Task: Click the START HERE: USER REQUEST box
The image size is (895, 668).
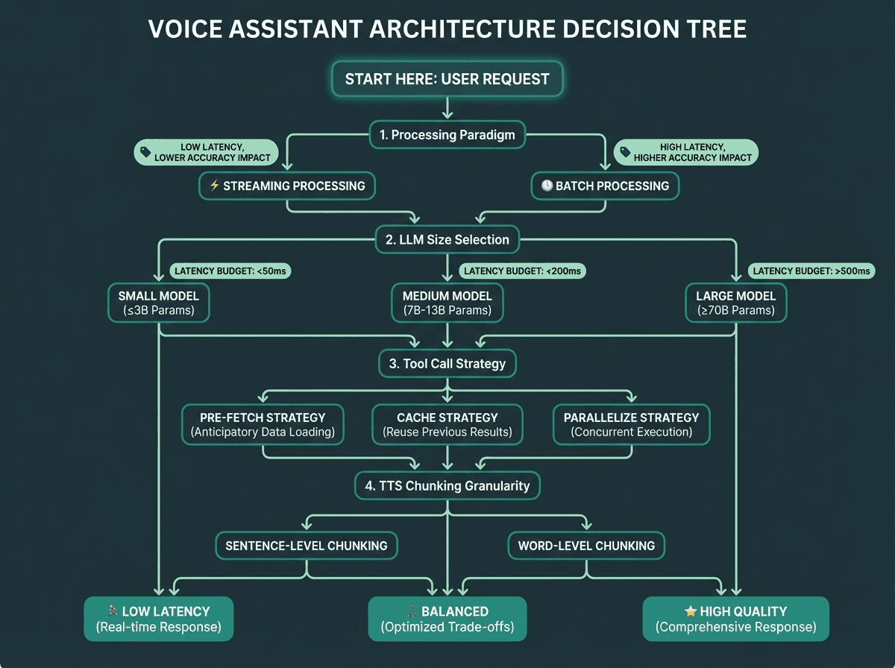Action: (x=447, y=79)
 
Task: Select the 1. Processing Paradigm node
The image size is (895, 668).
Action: (x=447, y=135)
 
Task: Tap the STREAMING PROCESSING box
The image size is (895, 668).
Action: (x=287, y=186)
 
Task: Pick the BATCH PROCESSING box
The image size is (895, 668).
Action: (x=605, y=186)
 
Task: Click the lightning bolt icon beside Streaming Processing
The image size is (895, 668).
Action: (x=214, y=186)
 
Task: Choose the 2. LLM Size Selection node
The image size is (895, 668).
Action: (x=447, y=239)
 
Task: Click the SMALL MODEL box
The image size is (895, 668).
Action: (x=159, y=302)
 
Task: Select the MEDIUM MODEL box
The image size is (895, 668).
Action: (x=447, y=302)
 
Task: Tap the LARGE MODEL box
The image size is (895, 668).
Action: (x=735, y=302)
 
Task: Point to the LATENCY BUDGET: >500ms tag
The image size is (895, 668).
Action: (x=811, y=271)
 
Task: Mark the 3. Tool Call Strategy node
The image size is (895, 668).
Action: (x=447, y=364)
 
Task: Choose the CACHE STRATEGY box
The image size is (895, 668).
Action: (x=447, y=424)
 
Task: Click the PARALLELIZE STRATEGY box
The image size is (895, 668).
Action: (x=631, y=424)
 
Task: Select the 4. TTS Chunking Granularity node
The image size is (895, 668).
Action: (x=447, y=485)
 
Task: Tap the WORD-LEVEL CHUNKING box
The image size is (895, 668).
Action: (x=586, y=545)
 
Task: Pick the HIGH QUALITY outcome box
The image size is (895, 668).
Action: (x=735, y=619)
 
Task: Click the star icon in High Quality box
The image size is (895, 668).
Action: (x=691, y=611)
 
